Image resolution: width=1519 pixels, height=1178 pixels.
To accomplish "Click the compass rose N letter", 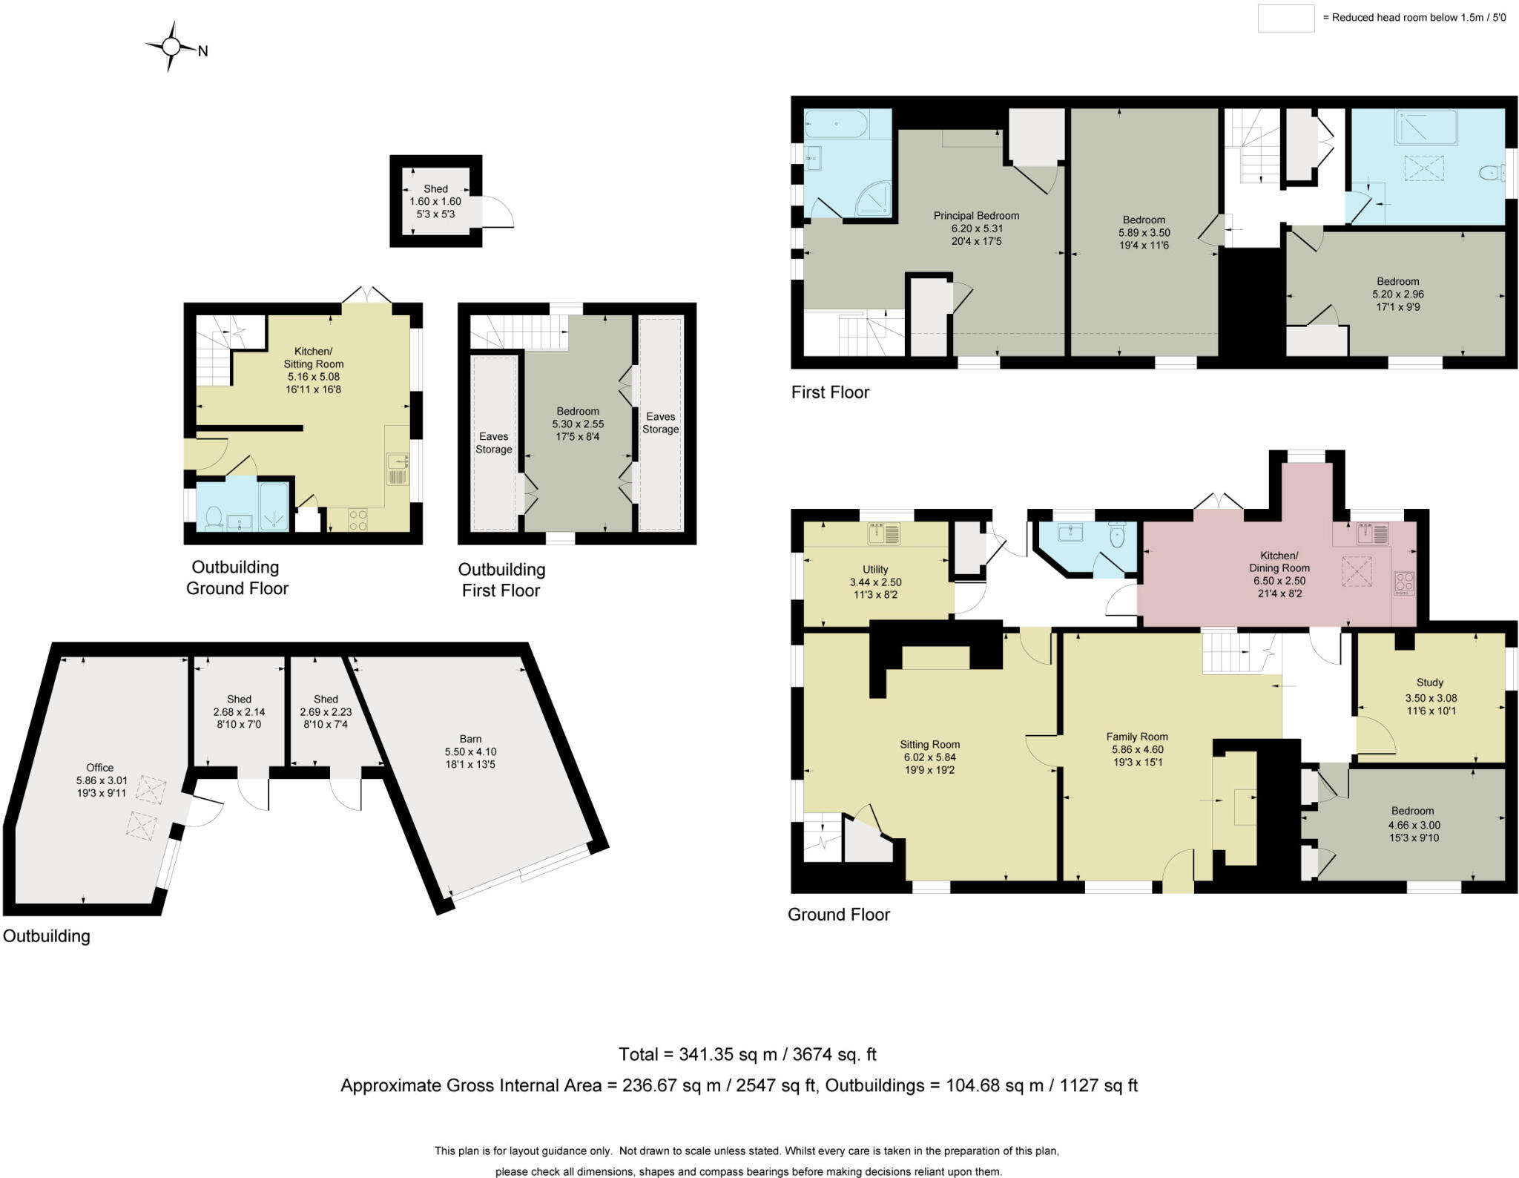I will point(202,51).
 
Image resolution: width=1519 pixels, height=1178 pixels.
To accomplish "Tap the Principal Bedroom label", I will point(975,216).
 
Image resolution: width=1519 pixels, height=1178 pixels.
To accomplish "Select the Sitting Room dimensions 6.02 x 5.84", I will point(929,757).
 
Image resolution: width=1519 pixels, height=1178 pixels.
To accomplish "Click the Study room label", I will point(1429,682).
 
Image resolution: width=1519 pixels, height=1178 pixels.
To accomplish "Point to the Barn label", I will point(470,739).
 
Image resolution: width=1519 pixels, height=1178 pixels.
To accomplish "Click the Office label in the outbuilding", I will point(100,768).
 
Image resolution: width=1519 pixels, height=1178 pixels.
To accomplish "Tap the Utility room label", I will point(875,570).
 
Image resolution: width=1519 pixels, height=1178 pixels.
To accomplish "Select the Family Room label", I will point(1136,737).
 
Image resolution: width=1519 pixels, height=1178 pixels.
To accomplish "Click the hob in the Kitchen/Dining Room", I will point(1403,582).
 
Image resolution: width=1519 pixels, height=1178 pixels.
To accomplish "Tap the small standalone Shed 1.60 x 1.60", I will point(435,201).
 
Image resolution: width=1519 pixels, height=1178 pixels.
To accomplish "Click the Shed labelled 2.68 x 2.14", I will point(239,711).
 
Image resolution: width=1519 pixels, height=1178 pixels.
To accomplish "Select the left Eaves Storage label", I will point(493,443).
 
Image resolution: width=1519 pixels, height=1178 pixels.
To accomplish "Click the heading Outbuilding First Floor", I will point(501,580).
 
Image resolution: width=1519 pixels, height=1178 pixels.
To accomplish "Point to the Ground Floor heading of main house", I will point(838,915).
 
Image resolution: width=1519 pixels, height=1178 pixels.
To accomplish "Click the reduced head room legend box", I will point(1285,18).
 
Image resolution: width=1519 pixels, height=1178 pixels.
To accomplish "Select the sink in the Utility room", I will point(883,533).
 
